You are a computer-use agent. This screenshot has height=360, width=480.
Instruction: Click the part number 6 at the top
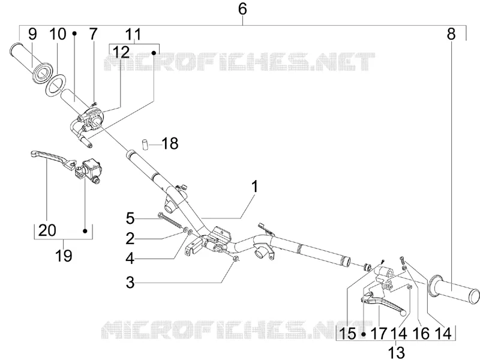242,9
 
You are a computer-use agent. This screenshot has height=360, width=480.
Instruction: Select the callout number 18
170,143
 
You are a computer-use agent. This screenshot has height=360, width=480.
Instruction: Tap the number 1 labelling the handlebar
254,187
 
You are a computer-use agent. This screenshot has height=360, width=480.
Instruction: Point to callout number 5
130,219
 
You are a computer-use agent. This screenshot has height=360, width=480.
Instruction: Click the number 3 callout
130,282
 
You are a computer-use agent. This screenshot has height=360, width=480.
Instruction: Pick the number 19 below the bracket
64,256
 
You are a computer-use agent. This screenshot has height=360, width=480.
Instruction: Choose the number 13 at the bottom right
396,352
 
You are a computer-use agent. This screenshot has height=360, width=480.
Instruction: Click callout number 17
379,334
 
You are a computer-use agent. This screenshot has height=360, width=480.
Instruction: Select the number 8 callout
451,34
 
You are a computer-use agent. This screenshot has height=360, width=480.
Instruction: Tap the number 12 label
122,52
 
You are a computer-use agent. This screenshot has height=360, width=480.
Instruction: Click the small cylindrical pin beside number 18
145,144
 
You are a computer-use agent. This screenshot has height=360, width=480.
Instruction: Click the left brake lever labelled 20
54,158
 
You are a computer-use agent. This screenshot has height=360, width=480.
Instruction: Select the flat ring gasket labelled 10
56,83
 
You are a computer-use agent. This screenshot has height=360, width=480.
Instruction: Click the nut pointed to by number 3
236,259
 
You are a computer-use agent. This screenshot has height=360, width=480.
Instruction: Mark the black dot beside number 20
85,230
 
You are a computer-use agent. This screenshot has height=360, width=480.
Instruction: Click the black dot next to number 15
364,334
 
